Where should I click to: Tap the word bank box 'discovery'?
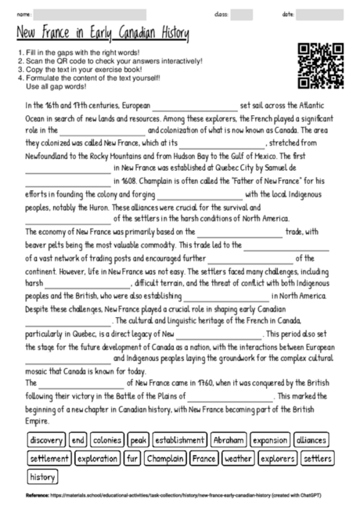pos(45,439)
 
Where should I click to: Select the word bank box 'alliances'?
pos(312,439)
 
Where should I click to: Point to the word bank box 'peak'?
pos(139,439)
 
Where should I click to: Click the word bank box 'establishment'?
pos(179,439)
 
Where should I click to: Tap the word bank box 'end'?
pos(77,439)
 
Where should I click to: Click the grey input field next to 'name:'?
pos(90,14)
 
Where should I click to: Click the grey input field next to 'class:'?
pos(241,14)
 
